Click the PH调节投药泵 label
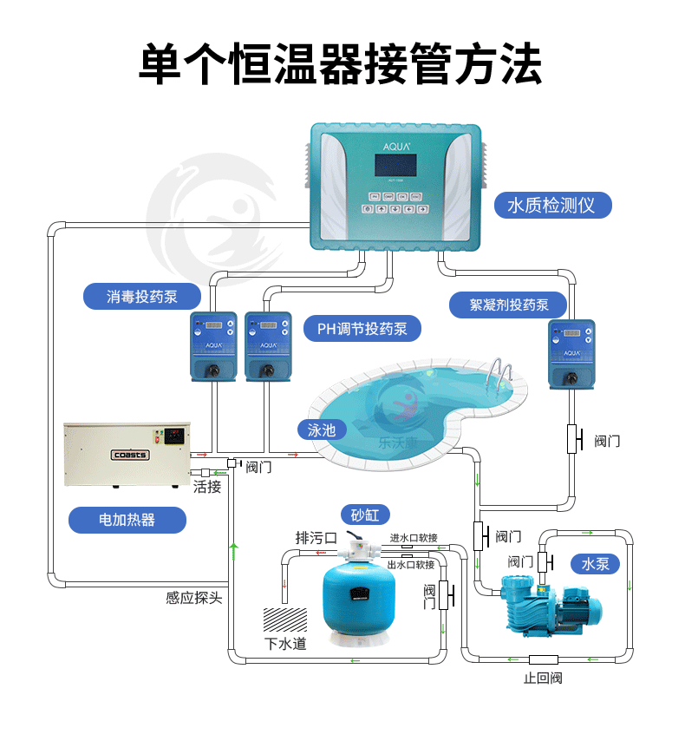point(362,329)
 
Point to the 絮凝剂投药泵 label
point(509,305)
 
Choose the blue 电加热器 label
point(127,520)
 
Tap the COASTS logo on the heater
point(130,454)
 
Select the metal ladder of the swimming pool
point(501,375)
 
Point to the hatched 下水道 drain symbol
point(284,620)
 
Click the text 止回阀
point(543,678)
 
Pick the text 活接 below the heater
point(207,487)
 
